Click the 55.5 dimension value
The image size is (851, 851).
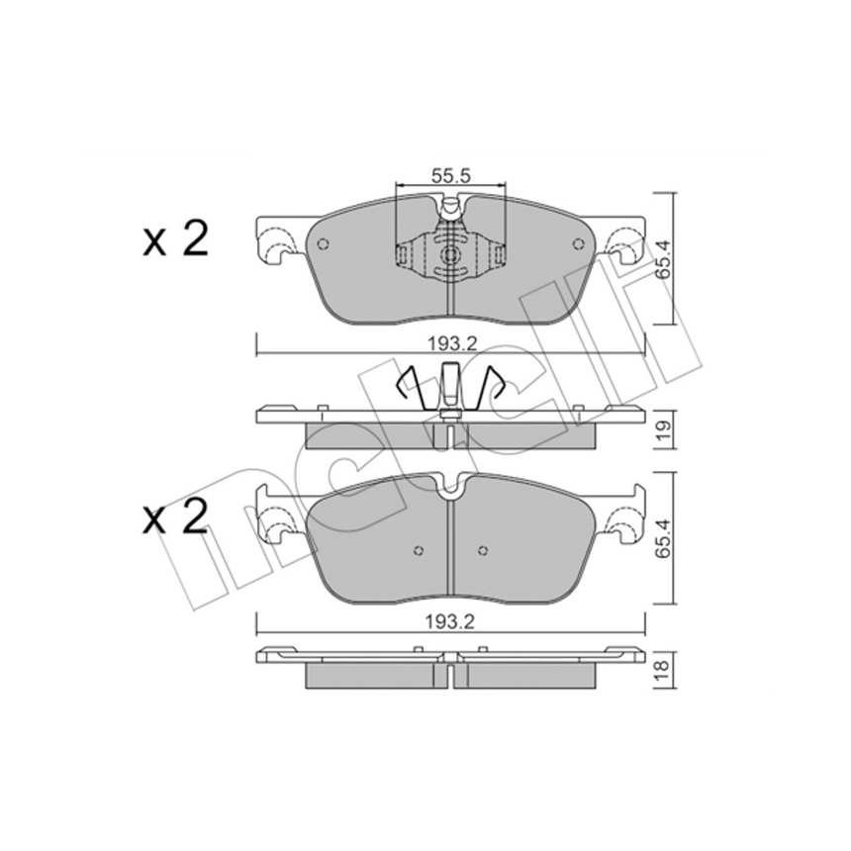pyautogui.click(x=450, y=175)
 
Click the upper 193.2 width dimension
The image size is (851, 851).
pyautogui.click(x=451, y=343)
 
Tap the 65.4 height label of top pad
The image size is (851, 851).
pyautogui.click(x=664, y=259)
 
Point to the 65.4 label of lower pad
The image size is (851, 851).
pyautogui.click(x=664, y=539)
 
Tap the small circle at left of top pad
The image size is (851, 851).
pyautogui.click(x=324, y=244)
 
